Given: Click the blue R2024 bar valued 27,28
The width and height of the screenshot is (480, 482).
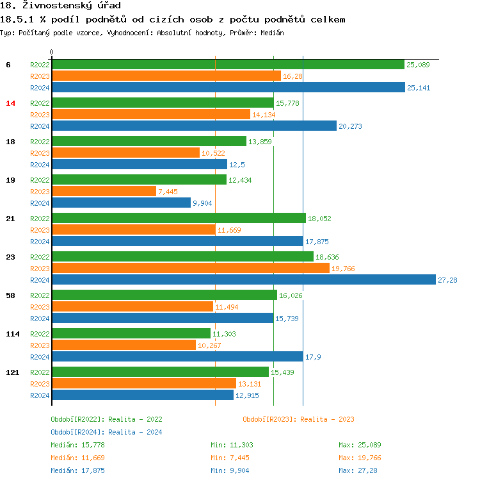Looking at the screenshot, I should (x=243, y=279).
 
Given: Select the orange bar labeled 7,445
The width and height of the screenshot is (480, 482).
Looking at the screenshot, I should (x=104, y=191).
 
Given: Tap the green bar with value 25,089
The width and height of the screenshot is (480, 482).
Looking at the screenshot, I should (x=228, y=64).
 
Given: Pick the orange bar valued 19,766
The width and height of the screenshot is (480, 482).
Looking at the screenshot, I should (x=190, y=268).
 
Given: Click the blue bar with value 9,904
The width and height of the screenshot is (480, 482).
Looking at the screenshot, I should (x=121, y=203).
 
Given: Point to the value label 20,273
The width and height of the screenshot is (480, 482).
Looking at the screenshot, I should (x=350, y=126).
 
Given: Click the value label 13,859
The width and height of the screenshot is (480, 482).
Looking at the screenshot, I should (x=260, y=142).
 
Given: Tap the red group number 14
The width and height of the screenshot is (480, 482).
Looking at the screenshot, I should (x=10, y=103).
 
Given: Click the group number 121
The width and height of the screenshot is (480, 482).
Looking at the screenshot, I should (x=12, y=372).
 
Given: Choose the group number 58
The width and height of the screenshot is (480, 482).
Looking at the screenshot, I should (x=10, y=295).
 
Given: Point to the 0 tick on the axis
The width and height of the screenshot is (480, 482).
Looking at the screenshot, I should (x=52, y=52).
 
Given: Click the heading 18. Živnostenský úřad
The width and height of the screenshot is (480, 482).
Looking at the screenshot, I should (x=61, y=6).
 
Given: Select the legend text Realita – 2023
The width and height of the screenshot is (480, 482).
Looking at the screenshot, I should (x=327, y=419).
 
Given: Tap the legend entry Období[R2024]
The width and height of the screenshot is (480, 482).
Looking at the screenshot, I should (x=78, y=432).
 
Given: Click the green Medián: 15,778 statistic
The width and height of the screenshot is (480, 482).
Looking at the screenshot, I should (x=77, y=445).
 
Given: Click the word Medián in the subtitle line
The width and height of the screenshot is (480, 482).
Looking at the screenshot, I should (x=272, y=32).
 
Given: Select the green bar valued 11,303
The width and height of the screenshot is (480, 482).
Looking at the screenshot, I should (x=131, y=333).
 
